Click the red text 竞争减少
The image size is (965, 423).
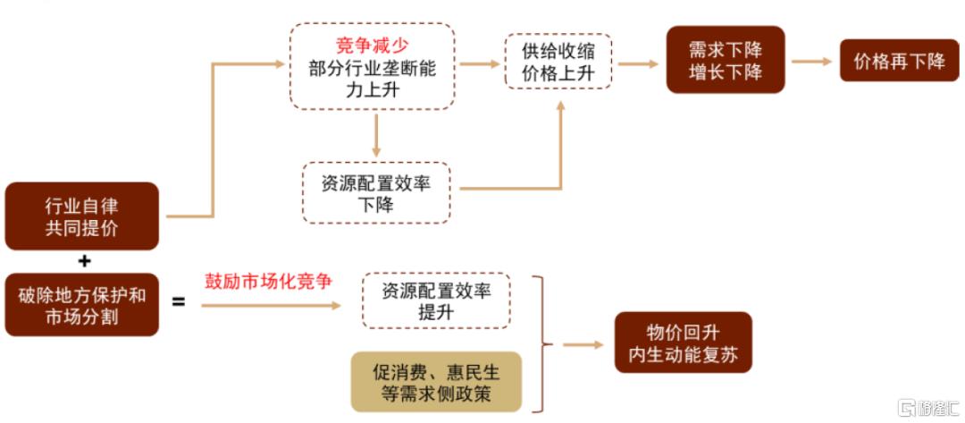pyautogui.click(x=373, y=45)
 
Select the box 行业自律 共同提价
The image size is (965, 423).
pyautogui.click(x=82, y=216)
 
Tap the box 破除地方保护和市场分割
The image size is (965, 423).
pyautogui.click(x=82, y=305)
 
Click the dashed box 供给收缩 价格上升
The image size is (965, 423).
pyautogui.click(x=558, y=62)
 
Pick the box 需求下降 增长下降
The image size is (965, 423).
pyautogui.click(x=726, y=60)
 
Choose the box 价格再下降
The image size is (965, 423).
pyautogui.click(x=899, y=60)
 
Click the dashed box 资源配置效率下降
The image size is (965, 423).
pyautogui.click(x=376, y=193)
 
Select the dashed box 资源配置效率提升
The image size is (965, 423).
pyautogui.click(x=436, y=300)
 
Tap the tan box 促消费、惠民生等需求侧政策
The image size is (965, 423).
pyautogui.click(x=436, y=382)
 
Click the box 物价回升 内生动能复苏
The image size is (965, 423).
pyautogui.click(x=684, y=343)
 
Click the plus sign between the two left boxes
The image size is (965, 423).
pyautogui.click(x=84, y=262)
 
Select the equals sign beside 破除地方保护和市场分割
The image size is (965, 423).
pyautogui.click(x=179, y=302)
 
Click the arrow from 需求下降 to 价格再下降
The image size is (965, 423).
pyautogui.click(x=811, y=61)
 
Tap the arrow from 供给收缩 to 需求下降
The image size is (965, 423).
pyautogui.click(x=638, y=63)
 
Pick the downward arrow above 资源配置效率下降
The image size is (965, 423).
pyautogui.click(x=376, y=135)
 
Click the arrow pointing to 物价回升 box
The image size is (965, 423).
pyautogui.click(x=583, y=345)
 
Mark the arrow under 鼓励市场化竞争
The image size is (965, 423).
pyautogui.click(x=271, y=305)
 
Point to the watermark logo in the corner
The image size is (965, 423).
pyautogui.click(x=907, y=407)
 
